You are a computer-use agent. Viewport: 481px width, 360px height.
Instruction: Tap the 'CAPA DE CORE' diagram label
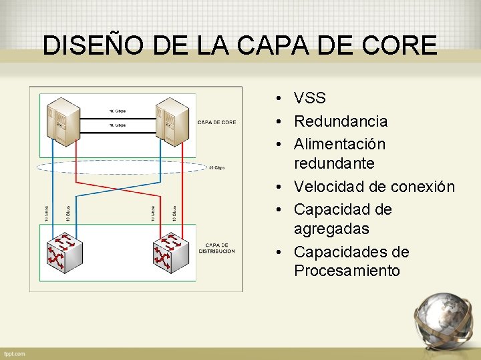(x=216, y=122)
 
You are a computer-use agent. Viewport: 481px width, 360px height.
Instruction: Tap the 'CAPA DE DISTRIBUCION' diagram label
(x=219, y=248)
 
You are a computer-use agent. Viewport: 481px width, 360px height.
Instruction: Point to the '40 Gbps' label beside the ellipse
(x=216, y=167)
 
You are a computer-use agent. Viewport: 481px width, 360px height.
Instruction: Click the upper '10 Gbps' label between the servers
(x=117, y=111)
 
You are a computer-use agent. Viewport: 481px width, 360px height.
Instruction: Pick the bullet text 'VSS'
(x=310, y=99)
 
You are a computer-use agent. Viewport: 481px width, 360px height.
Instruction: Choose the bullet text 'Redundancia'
(x=341, y=121)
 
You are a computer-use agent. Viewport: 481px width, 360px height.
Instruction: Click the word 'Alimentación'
(x=339, y=144)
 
